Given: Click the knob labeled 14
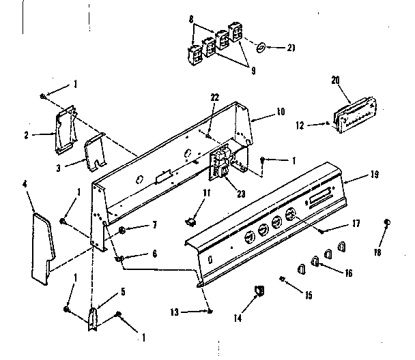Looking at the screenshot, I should pyautogui.click(x=259, y=291).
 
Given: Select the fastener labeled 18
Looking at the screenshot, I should pyautogui.click(x=387, y=222).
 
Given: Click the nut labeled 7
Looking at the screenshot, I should pyautogui.click(x=121, y=230).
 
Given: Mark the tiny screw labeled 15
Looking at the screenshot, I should pyautogui.click(x=283, y=278).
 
